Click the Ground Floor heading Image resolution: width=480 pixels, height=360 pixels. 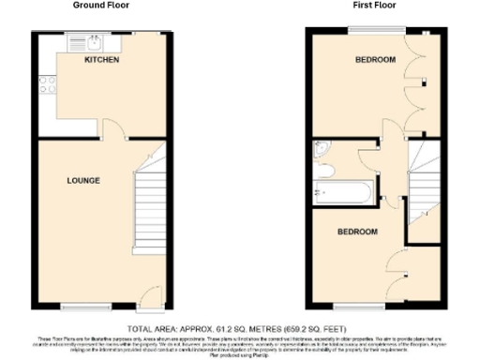point(101,6)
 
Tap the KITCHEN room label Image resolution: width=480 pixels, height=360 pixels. point(100,61)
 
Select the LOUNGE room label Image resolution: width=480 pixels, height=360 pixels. point(83,180)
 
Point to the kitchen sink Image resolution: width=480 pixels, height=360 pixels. point(97,41)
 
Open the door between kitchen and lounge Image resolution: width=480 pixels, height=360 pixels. point(111,131)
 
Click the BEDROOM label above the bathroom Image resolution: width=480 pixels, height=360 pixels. point(374,61)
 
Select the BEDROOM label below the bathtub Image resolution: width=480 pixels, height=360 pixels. point(357,231)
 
